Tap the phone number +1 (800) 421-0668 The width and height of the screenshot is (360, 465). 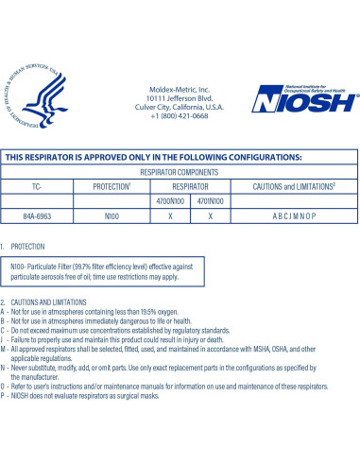pyautogui.click(x=178, y=117)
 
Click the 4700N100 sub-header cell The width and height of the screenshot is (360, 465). pyautogui.click(x=169, y=201)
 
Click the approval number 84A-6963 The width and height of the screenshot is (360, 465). pyautogui.click(x=39, y=216)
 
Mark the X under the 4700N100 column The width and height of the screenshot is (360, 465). pyautogui.click(x=169, y=216)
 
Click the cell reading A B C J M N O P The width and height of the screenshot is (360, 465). pyautogui.click(x=294, y=216)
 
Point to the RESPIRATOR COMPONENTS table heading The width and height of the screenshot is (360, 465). pyautogui.click(x=180, y=173)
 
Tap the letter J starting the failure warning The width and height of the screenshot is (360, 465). pyautogui.click(x=5, y=338)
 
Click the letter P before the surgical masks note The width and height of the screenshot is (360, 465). pyautogui.click(x=5, y=395)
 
